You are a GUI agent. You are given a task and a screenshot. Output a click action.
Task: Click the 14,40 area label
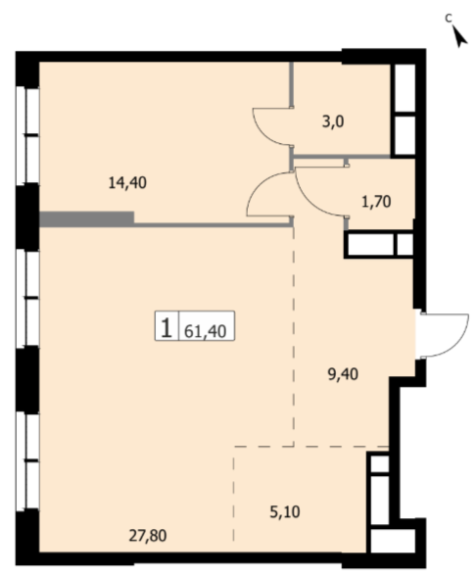click(x=127, y=182)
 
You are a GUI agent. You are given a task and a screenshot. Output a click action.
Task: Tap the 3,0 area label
click(x=333, y=121)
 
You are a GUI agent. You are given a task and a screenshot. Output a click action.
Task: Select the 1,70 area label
click(x=376, y=202)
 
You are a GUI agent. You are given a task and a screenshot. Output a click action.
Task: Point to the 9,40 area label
click(x=343, y=374)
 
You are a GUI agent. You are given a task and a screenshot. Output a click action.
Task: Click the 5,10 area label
click(x=285, y=512)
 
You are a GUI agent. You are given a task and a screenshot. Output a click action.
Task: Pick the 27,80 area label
click(x=148, y=536)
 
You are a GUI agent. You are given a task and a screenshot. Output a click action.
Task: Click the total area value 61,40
click(x=205, y=331)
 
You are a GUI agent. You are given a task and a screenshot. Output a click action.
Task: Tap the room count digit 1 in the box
click(x=167, y=327)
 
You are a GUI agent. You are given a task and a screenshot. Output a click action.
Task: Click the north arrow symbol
click(x=459, y=36)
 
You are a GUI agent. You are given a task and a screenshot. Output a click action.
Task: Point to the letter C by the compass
click(x=448, y=18)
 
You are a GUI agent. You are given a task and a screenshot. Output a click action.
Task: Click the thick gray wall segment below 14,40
click(x=86, y=219)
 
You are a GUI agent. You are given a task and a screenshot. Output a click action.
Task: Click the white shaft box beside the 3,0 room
click(x=405, y=110)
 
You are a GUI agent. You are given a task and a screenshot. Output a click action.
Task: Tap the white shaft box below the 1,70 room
click(x=380, y=244)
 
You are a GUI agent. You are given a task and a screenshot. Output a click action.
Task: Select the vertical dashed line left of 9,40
click(x=294, y=336)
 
